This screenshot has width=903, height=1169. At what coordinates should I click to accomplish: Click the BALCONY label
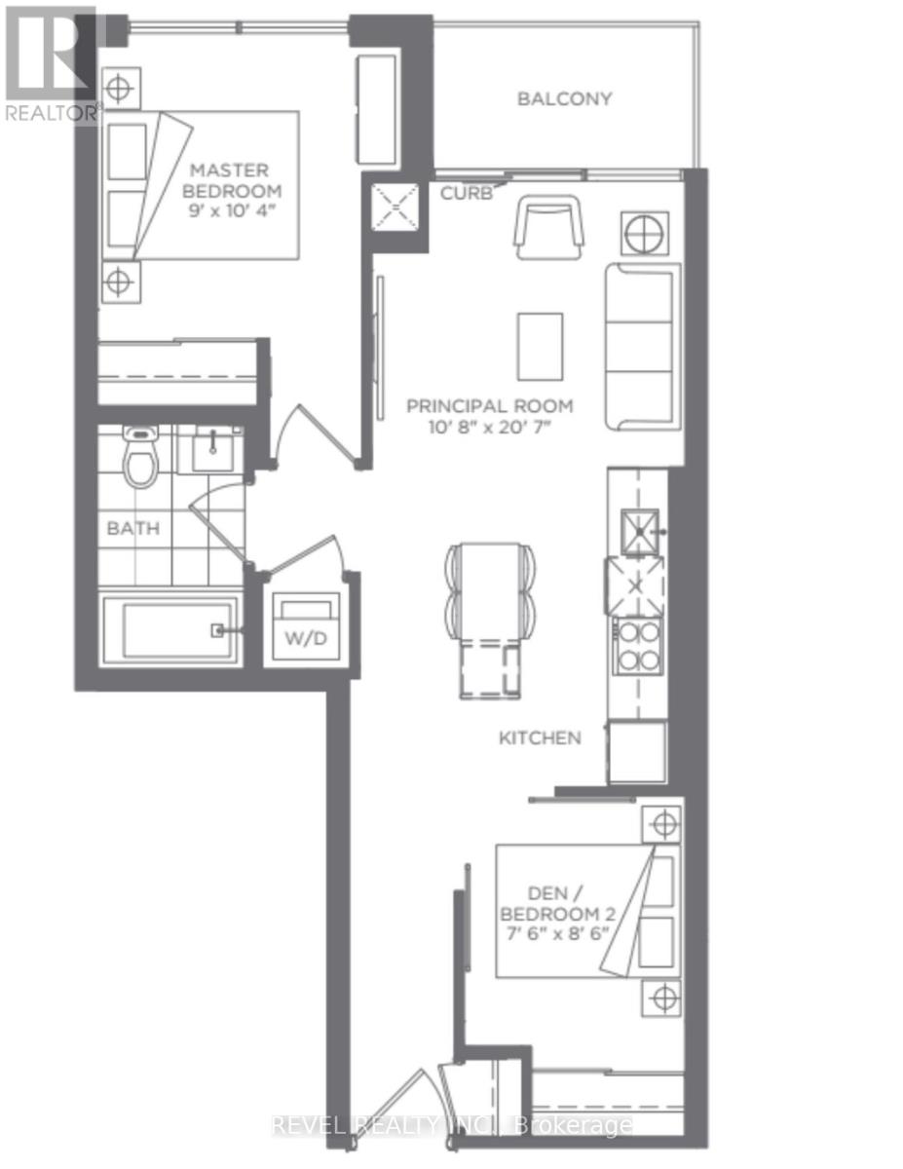pos(564,98)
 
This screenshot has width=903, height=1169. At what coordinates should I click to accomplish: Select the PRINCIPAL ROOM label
pos(490,406)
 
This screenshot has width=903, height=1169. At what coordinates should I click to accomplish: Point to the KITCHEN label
pos(540,737)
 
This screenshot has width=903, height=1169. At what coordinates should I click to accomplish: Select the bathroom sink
pos(212,451)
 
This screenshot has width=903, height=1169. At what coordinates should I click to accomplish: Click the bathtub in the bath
pos(170,630)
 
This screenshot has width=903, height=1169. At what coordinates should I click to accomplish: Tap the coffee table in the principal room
pos(540,347)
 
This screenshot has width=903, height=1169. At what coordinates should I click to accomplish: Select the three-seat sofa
pos(640,346)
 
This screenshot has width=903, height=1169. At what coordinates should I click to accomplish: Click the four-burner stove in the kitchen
pos(637,646)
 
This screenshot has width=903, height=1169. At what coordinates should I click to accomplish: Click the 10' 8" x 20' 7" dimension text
pos(490,426)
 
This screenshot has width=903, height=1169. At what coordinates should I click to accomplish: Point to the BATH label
pos(132,529)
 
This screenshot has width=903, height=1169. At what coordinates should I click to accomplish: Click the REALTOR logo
pos(51,63)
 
